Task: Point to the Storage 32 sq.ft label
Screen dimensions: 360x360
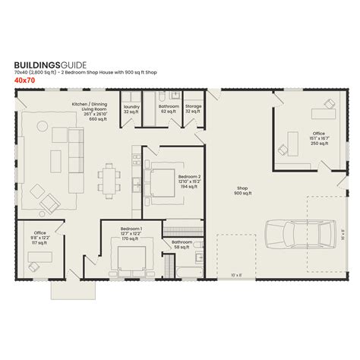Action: click(x=194, y=109)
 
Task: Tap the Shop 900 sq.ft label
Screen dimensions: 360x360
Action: click(x=243, y=190)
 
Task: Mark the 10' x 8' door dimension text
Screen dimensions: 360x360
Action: click(x=235, y=275)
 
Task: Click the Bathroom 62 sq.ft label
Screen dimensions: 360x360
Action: click(x=169, y=109)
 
